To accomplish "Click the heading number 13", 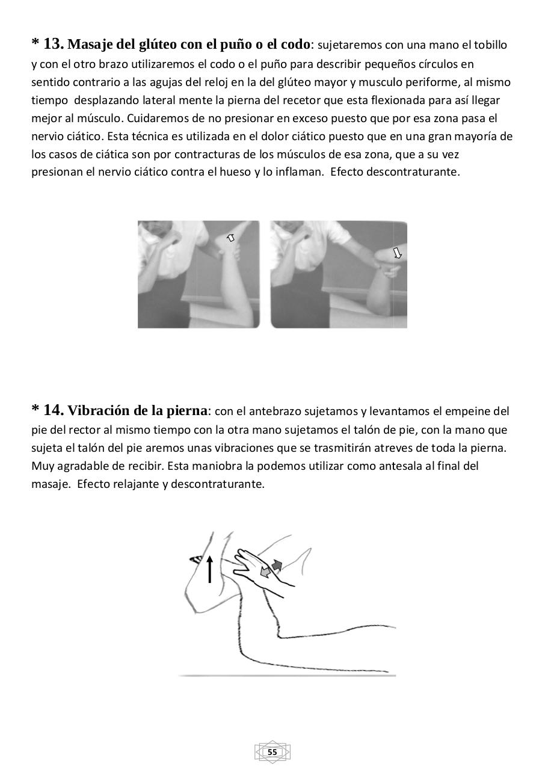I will (53, 44).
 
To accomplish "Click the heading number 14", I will (53, 410).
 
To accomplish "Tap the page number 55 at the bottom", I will (272, 752).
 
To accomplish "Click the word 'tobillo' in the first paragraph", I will (490, 45).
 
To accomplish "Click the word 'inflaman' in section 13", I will (298, 172).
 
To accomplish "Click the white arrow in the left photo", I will (230, 238).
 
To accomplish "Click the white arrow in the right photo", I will (397, 253).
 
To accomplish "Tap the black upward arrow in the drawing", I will (209, 569).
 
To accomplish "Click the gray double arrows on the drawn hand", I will (271, 569).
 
